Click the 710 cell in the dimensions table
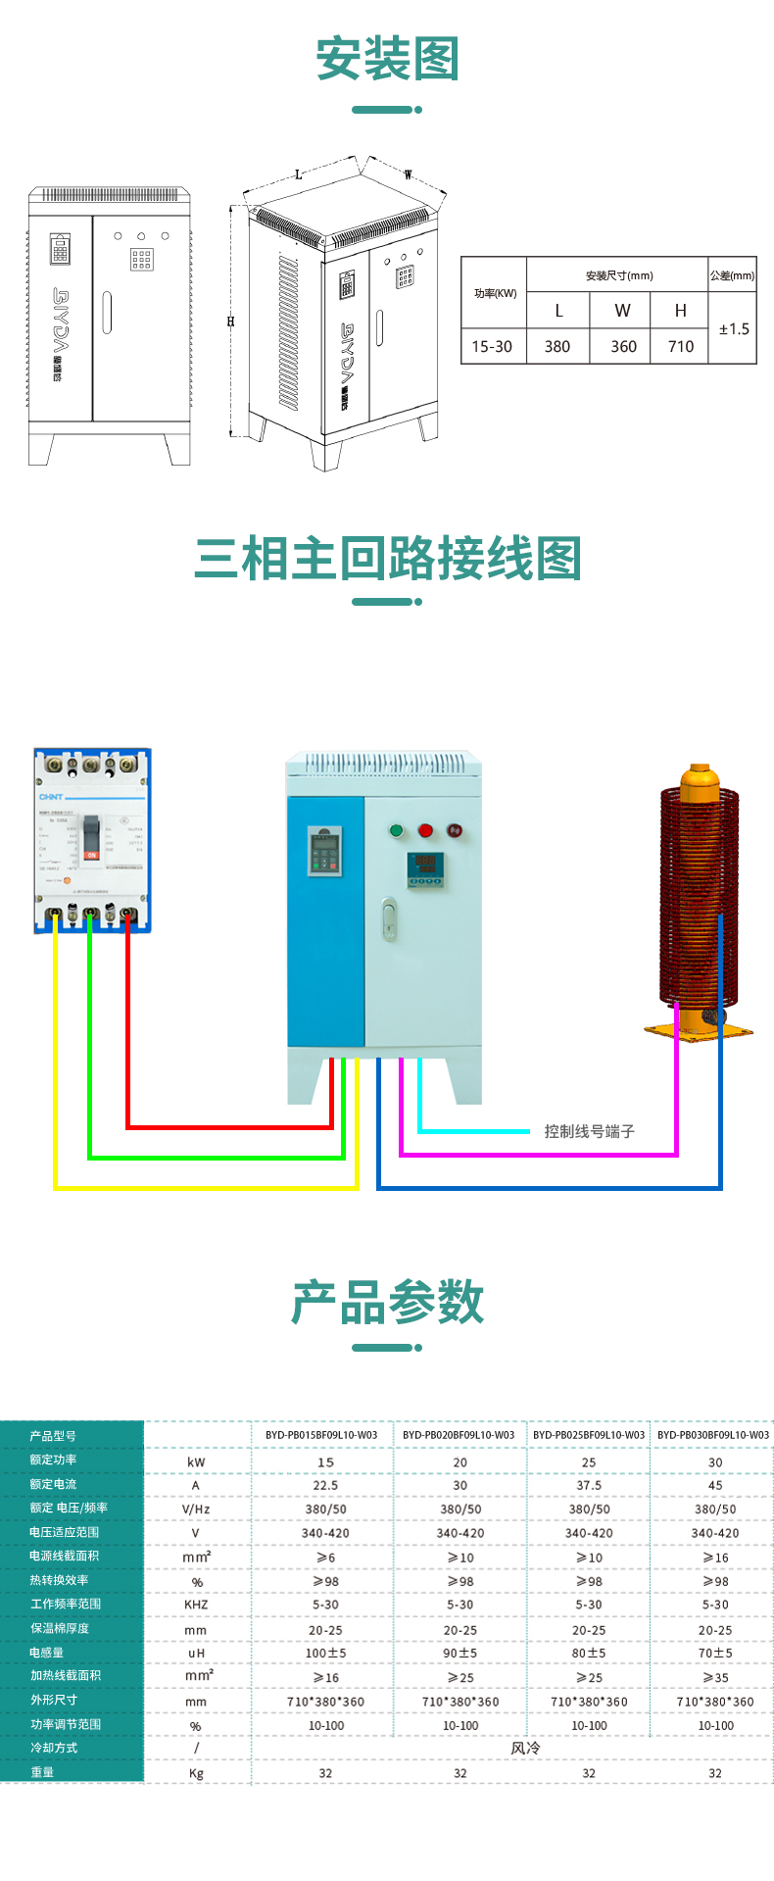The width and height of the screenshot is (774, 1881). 680,346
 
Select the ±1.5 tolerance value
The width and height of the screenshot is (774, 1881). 734,329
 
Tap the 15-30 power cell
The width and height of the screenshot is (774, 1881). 492,346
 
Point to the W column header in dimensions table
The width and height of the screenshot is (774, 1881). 622,311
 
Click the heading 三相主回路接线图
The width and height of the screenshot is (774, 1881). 387,559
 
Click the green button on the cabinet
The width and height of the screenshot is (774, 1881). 397,830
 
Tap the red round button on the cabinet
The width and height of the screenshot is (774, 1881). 425,830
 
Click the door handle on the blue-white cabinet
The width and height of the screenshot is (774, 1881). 389,919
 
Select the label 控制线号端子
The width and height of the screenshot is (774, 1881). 590,1131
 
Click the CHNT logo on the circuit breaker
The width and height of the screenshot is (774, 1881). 51,797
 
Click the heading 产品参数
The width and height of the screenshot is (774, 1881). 387,1303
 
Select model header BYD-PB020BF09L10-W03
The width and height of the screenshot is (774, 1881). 459,1435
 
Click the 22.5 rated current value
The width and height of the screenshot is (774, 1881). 325,1485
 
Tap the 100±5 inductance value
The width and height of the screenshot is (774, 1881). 325,1653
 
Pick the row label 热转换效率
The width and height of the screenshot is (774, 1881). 59,1580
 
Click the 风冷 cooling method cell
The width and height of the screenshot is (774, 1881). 525,1748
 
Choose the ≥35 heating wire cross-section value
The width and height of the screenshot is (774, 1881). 715,1677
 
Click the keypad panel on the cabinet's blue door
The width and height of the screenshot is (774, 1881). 324,852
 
